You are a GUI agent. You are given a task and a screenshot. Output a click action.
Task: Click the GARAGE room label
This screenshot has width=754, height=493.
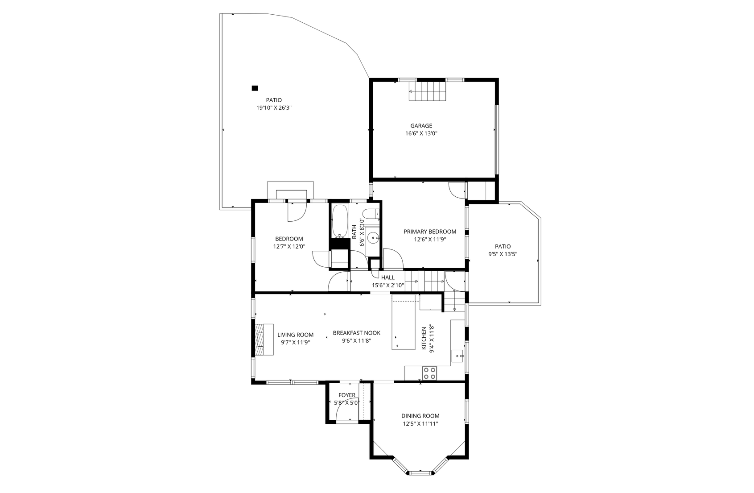(x=421, y=126)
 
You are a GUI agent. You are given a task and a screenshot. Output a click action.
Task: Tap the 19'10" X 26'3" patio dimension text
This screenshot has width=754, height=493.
(x=274, y=108)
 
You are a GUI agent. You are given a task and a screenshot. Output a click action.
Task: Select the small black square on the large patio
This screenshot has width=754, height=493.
(x=255, y=88)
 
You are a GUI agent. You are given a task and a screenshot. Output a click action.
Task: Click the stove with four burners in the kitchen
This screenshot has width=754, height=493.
(x=429, y=373)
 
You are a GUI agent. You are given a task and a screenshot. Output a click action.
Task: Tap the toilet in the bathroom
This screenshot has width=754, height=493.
(x=371, y=214)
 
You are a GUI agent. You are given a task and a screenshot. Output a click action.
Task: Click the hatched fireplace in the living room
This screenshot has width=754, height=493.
(x=260, y=339)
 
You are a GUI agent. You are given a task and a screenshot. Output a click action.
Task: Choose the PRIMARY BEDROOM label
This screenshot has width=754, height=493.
(x=430, y=232)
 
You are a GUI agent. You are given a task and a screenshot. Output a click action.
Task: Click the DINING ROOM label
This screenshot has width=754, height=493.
(x=420, y=416)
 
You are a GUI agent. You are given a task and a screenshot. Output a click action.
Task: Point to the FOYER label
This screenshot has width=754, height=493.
(x=347, y=395)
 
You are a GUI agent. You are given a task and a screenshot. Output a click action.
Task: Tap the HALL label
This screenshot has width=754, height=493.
(x=388, y=278)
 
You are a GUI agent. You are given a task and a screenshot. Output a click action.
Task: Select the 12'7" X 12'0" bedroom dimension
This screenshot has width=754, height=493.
(x=289, y=246)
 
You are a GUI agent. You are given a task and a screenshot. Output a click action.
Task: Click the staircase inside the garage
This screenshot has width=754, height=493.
(x=428, y=91)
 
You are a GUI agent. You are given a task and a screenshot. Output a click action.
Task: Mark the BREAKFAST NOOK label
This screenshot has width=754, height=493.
(x=356, y=333)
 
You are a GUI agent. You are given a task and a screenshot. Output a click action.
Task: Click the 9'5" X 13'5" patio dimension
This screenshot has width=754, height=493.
(x=503, y=254)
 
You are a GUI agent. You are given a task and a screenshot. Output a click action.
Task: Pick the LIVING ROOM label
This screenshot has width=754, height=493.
(x=295, y=335)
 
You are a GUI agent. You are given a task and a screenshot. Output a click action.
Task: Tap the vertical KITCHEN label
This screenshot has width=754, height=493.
(x=424, y=338)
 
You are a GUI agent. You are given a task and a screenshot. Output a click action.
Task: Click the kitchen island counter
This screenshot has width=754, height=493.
(x=403, y=322)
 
